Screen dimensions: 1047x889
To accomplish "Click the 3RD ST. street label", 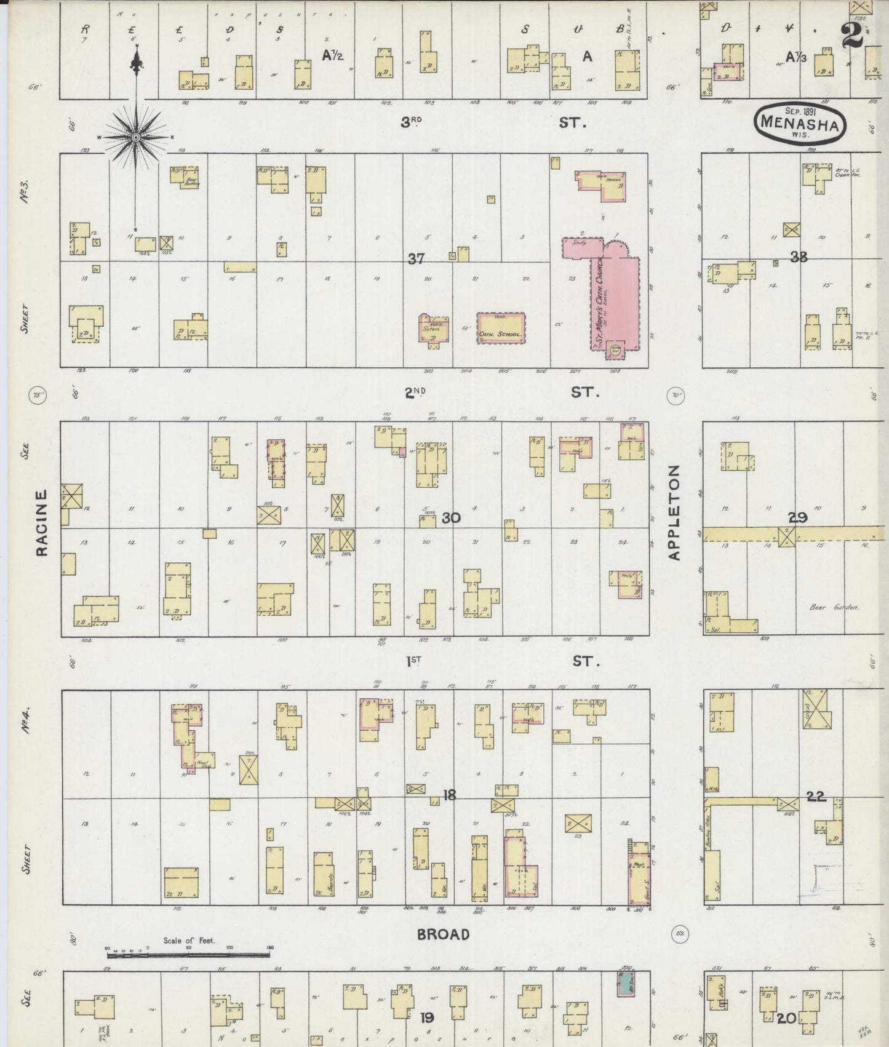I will pyautogui.click(x=492, y=122).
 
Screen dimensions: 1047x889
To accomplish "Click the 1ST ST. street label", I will pyautogui.click(x=501, y=661).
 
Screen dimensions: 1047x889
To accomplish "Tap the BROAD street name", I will pyautogui.click(x=443, y=934).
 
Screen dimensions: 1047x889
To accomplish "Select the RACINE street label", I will pyautogui.click(x=42, y=523).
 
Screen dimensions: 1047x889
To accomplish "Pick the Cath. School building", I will pyautogui.click(x=501, y=327).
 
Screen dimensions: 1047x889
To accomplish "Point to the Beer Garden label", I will pyautogui.click(x=834, y=607).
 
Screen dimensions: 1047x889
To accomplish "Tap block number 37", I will pyautogui.click(x=417, y=259).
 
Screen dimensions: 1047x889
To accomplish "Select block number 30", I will pyautogui.click(x=450, y=518).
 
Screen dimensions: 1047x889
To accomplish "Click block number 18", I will pyautogui.click(x=449, y=795).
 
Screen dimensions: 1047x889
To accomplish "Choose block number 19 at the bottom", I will pyautogui.click(x=426, y=1018).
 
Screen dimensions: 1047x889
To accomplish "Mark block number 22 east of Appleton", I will pyautogui.click(x=816, y=797).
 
